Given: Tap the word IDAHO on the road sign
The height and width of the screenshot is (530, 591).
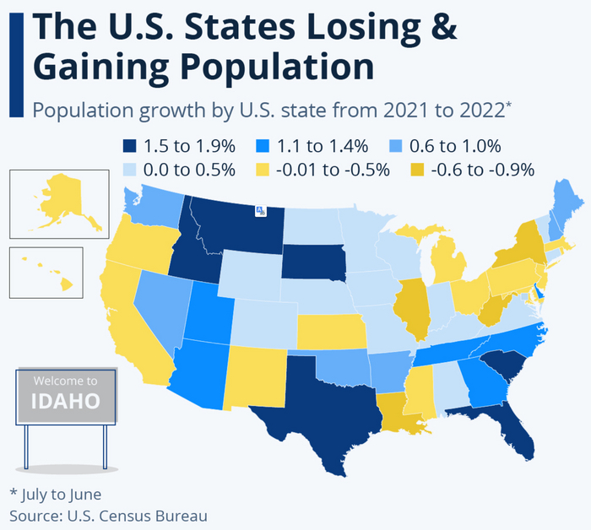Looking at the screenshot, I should pos(65,400).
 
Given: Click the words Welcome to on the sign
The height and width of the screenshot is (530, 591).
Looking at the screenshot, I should pos(65,380).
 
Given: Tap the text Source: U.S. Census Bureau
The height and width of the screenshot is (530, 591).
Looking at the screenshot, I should pos(108,515).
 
